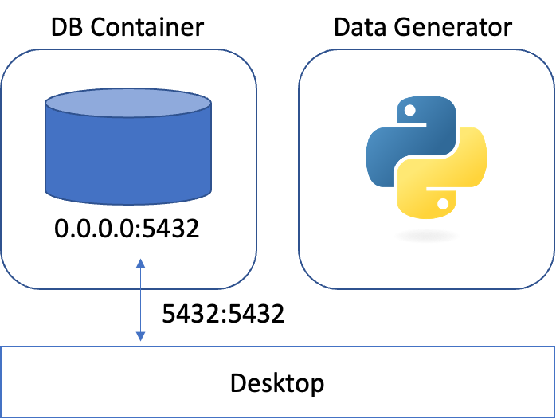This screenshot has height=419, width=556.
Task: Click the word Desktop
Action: (277, 383)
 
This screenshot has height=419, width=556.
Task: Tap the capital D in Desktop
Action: (238, 383)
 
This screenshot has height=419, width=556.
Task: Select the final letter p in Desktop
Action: (317, 386)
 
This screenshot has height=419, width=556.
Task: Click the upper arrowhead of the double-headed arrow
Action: (140, 264)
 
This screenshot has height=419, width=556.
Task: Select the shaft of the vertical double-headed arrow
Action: (140, 300)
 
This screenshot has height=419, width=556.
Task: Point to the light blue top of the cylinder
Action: (128, 103)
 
